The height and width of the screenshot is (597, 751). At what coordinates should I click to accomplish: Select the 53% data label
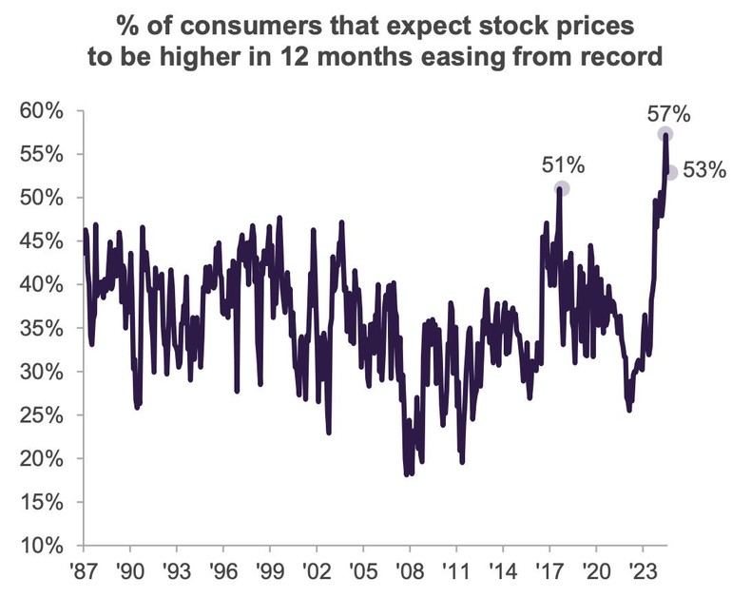(x=704, y=172)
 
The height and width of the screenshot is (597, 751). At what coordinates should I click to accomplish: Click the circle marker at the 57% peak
(x=665, y=134)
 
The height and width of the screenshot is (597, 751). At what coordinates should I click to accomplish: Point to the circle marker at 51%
(x=562, y=189)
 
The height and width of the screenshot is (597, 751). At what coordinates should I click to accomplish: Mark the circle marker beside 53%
(x=671, y=172)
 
